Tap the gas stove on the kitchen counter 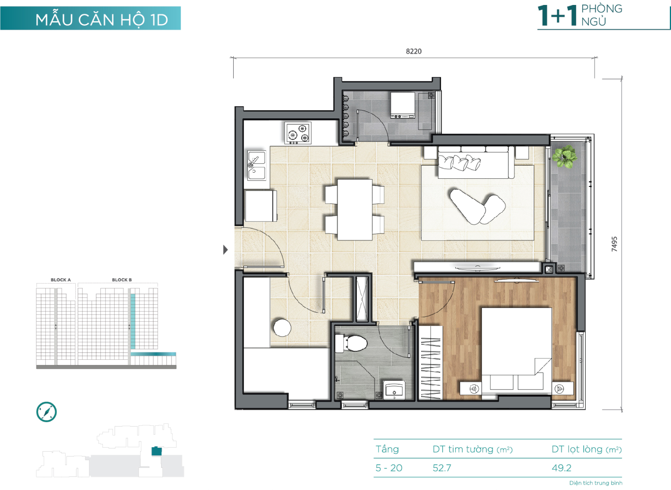[298, 133]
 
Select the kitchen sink [257, 165]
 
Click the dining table [355, 210]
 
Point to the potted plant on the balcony [564, 156]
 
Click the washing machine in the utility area [403, 105]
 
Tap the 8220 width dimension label [414, 51]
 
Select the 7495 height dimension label [614, 244]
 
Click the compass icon [47, 412]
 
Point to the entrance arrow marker [225, 250]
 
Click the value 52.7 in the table [442, 468]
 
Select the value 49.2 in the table [561, 468]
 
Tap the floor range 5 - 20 [389, 468]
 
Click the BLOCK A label [61, 280]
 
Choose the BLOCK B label [122, 280]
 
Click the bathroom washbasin [394, 390]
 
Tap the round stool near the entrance [282, 328]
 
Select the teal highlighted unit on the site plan [157, 451]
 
